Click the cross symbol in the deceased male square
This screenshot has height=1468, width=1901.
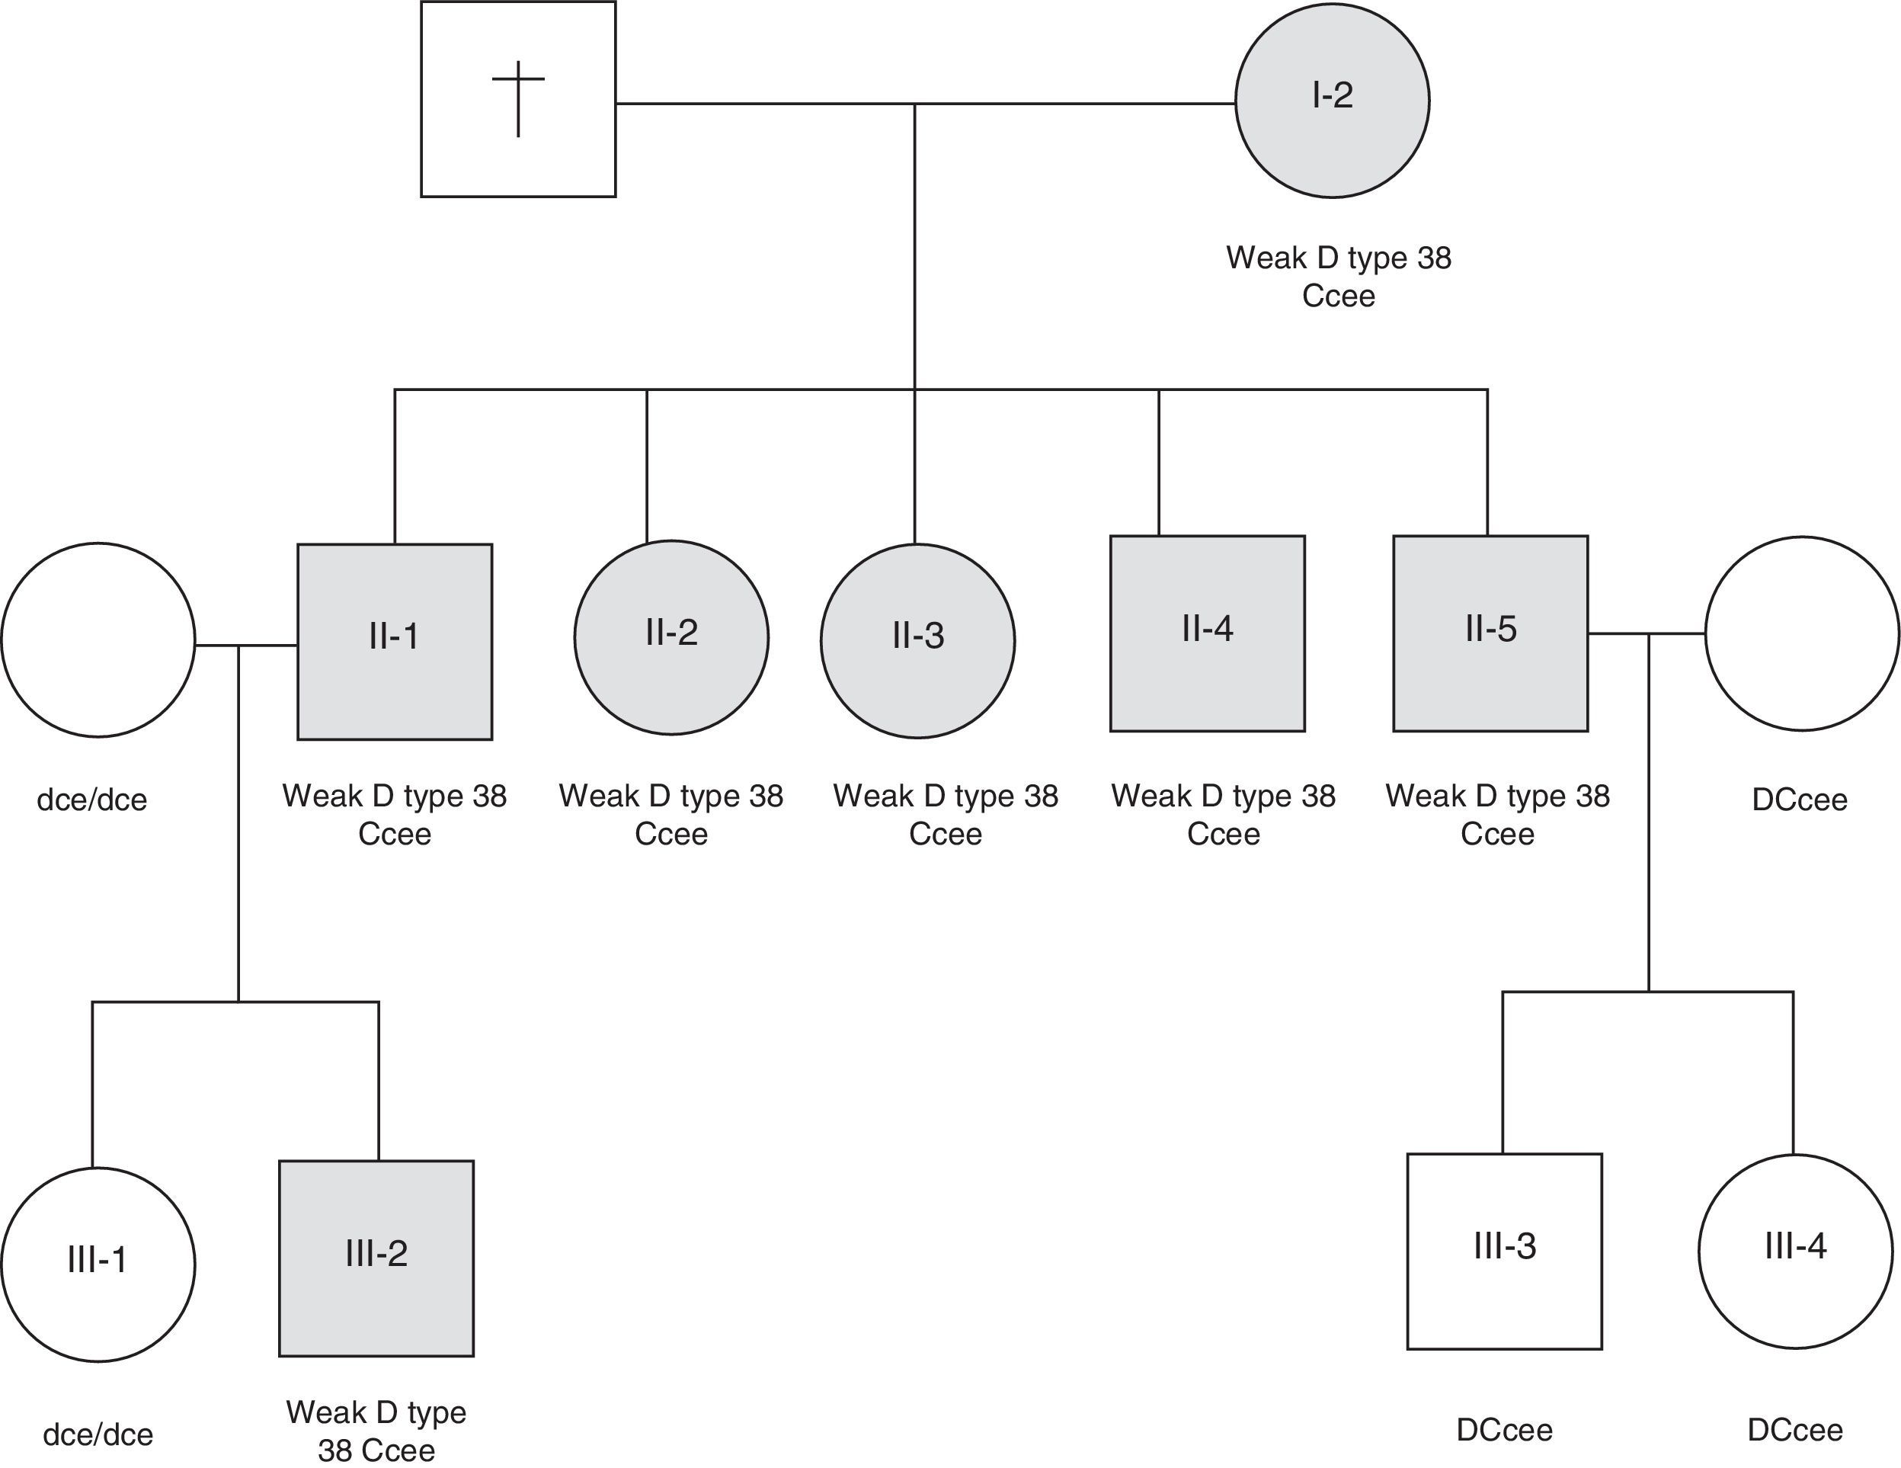click(518, 98)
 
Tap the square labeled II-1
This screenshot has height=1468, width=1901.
click(395, 642)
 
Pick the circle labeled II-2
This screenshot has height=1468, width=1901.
click(671, 637)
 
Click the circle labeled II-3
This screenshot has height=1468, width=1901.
click(917, 641)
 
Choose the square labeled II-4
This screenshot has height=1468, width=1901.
click(1208, 633)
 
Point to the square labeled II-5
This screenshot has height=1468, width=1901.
click(1490, 633)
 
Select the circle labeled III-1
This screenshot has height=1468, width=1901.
click(98, 1264)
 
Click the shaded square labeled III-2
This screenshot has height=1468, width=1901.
click(376, 1258)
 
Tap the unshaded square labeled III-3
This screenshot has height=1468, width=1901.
click(1504, 1252)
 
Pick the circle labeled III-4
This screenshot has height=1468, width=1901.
click(1795, 1252)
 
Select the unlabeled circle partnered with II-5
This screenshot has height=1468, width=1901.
click(1801, 633)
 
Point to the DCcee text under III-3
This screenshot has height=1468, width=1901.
click(1504, 1431)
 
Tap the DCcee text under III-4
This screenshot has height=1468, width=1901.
click(1795, 1431)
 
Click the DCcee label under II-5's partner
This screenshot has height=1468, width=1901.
click(1799, 800)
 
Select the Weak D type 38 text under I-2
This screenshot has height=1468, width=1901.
click(1339, 258)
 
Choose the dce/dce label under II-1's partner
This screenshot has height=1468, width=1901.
click(91, 800)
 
